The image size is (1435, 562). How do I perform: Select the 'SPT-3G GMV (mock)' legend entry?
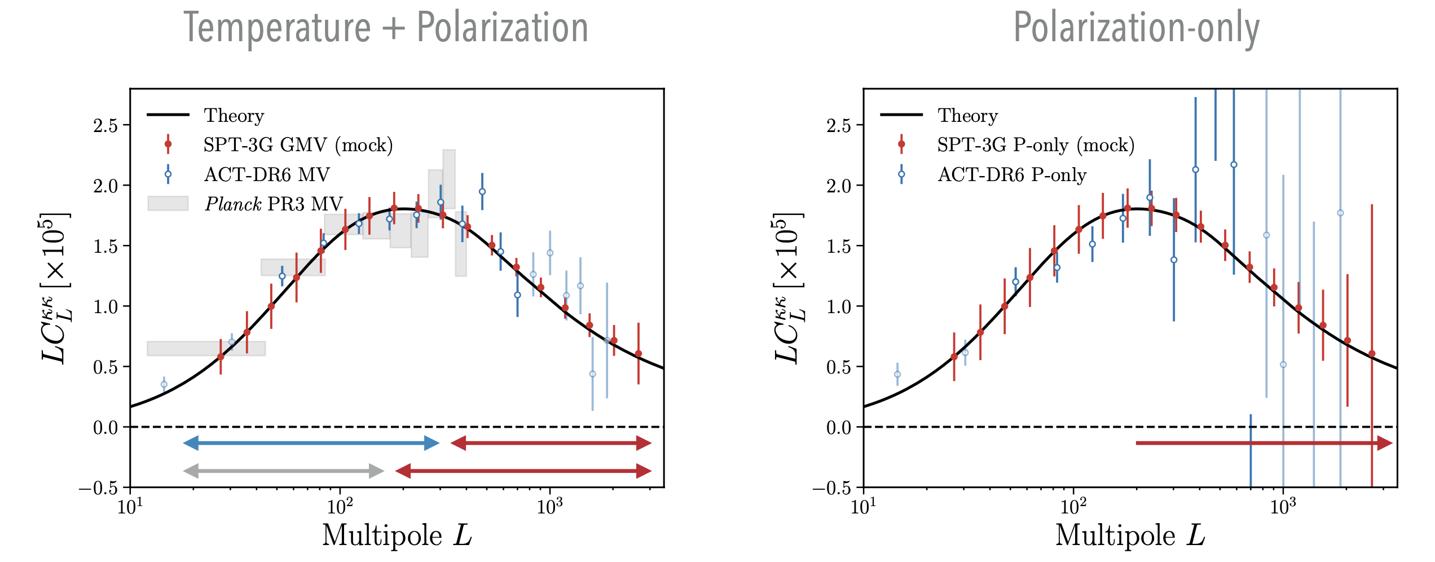298,145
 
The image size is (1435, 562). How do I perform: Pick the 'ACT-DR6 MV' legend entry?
266,175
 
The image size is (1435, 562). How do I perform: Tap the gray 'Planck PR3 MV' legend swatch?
168,204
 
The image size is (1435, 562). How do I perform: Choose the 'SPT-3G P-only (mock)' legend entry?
1035,145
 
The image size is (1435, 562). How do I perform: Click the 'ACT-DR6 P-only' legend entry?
1011,175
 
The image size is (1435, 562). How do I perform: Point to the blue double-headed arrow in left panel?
311,444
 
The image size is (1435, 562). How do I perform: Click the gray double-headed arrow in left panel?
284,471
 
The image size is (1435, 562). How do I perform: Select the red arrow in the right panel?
1264,444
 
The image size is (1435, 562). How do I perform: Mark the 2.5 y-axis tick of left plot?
105,125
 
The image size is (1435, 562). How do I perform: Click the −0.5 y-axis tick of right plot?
836,488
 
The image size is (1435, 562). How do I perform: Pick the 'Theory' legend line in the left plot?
168,115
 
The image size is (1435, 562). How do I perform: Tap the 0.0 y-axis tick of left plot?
105,428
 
